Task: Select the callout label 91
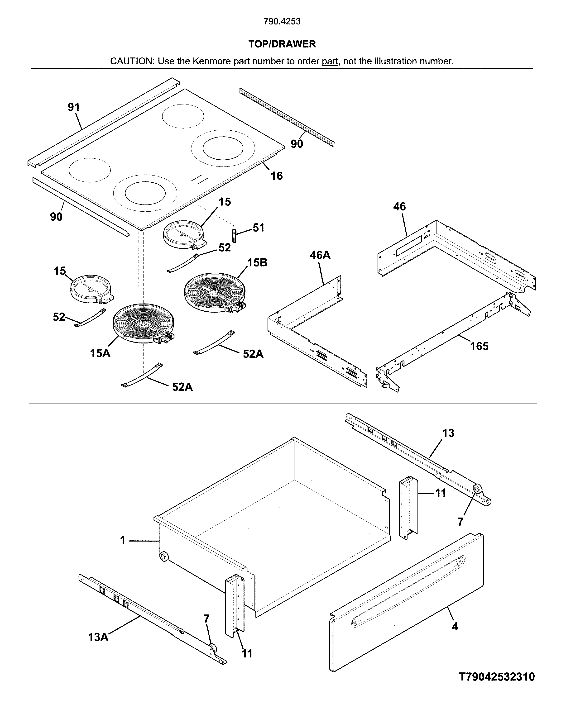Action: coord(74,107)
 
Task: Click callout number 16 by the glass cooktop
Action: coord(276,176)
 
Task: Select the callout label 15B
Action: coord(257,262)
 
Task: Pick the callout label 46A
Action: coord(320,255)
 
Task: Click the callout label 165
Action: coord(479,346)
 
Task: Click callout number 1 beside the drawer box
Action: coord(123,540)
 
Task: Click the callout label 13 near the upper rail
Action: coord(448,433)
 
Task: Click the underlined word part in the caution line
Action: coord(330,61)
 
